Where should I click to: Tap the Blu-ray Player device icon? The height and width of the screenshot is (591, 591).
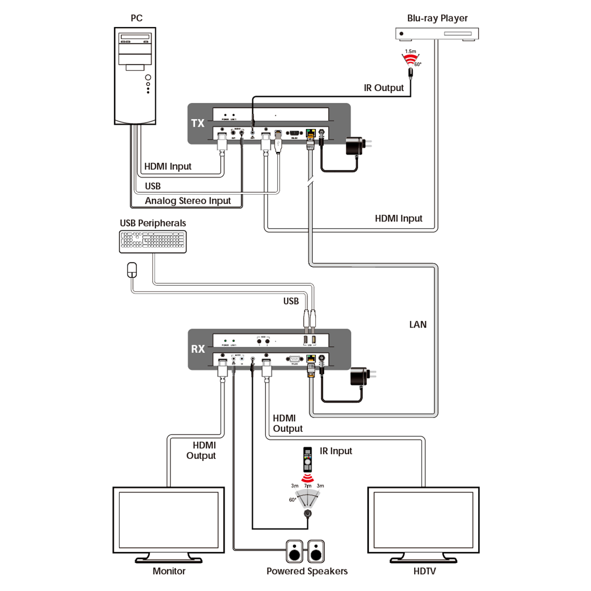[437, 34]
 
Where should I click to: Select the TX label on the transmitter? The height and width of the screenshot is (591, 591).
[197, 123]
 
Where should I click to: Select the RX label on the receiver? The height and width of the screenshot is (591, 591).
[197, 349]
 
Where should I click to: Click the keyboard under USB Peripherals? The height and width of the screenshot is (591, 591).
[153, 241]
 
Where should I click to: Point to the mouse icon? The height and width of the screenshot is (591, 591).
[132, 270]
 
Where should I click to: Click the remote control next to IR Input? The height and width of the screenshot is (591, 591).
[307, 460]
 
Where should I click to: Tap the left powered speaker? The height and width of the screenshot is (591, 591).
[295, 551]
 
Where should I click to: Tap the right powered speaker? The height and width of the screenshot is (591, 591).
[316, 551]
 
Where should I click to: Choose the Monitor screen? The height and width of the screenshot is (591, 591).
[168, 520]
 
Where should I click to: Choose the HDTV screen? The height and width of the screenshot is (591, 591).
[423, 520]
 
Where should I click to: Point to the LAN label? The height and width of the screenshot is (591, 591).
[418, 325]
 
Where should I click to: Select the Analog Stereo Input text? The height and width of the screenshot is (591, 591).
[188, 201]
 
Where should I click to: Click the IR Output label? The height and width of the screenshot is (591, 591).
[384, 88]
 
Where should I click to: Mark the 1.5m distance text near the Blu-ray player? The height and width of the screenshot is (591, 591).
[410, 51]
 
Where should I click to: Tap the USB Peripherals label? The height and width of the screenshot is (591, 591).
[153, 223]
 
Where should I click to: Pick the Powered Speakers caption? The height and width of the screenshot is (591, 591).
[307, 571]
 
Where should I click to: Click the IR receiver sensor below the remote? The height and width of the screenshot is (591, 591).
[308, 514]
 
